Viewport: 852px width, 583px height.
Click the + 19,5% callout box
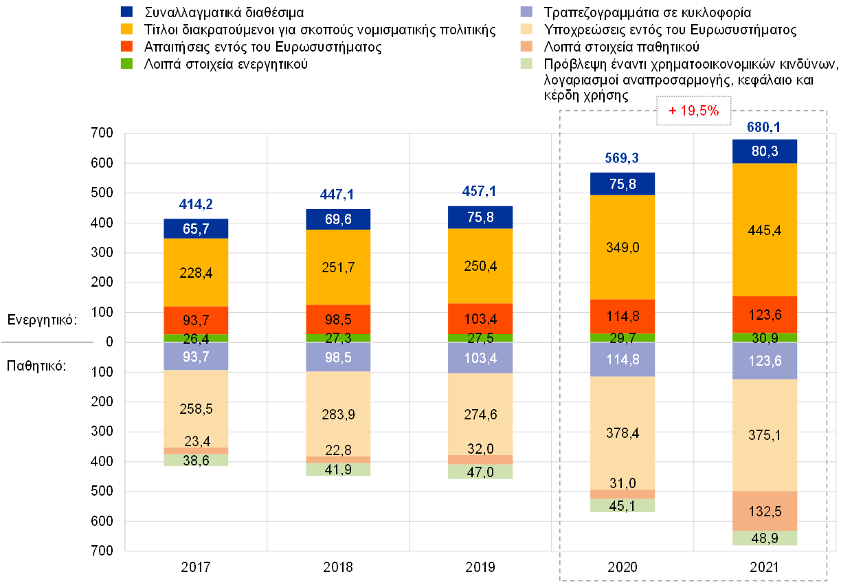693,111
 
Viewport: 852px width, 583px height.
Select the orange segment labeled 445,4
765,230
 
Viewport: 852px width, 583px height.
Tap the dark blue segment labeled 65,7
196,229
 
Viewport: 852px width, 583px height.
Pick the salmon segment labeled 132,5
765,511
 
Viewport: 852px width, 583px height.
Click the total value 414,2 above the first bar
196,204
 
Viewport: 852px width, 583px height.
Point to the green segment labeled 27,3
338,338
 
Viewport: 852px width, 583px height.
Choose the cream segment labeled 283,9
338,414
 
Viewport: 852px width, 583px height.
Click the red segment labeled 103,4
480,318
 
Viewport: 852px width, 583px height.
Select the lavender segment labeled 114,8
623,360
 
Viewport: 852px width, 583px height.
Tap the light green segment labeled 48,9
765,538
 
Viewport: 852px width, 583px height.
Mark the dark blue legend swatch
126,12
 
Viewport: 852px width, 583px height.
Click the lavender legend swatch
526,12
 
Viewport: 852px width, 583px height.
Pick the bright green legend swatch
126,63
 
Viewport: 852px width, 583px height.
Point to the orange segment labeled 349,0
623,247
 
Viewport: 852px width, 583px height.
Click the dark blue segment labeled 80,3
765,151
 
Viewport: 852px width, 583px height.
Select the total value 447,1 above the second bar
338,195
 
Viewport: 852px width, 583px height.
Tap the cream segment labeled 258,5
196,408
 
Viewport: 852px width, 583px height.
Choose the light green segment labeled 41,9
338,470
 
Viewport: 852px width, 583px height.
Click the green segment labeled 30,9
765,338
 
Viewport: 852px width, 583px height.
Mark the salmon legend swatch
526,46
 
